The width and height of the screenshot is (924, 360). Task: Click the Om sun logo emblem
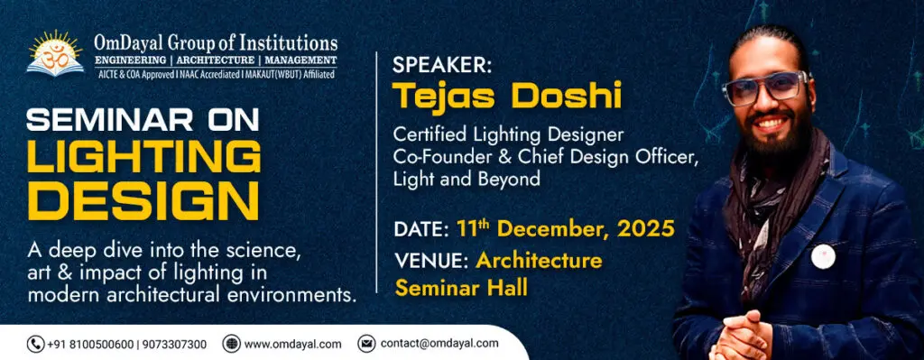click(x=55, y=53)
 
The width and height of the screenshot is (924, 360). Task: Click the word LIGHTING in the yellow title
click(x=143, y=156)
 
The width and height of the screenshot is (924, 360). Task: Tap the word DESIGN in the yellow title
click(x=143, y=202)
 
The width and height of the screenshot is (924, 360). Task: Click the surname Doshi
click(x=567, y=96)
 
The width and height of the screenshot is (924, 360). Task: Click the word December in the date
click(x=552, y=228)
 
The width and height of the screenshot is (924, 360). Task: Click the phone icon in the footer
click(x=35, y=344)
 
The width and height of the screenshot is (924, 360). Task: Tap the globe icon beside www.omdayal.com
click(x=232, y=344)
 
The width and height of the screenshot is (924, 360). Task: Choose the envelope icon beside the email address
click(x=366, y=344)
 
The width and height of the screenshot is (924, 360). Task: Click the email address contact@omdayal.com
click(x=439, y=344)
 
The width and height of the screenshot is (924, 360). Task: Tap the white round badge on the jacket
click(x=823, y=256)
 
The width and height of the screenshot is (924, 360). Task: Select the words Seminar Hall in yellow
click(x=461, y=288)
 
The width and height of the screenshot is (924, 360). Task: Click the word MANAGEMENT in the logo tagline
click(x=300, y=60)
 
